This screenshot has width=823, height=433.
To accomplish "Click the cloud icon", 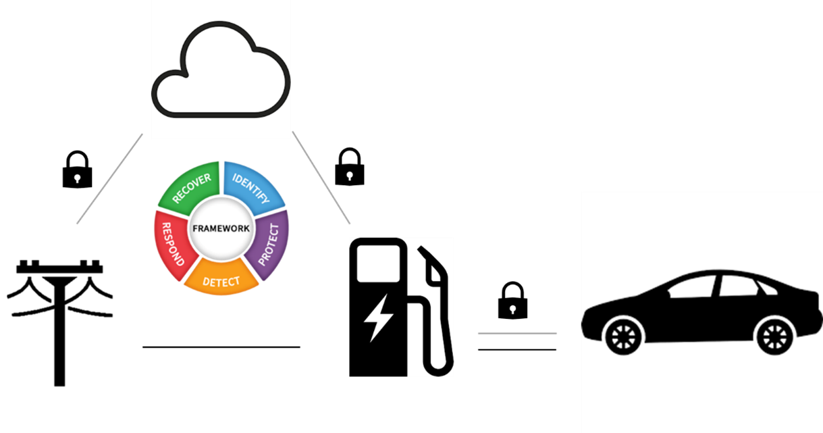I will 221,71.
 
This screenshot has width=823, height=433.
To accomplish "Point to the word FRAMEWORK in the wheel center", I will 221,228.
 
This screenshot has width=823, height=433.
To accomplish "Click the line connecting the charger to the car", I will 517,333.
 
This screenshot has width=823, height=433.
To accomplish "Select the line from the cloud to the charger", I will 321,177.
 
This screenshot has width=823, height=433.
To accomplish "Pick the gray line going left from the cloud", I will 110,178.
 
